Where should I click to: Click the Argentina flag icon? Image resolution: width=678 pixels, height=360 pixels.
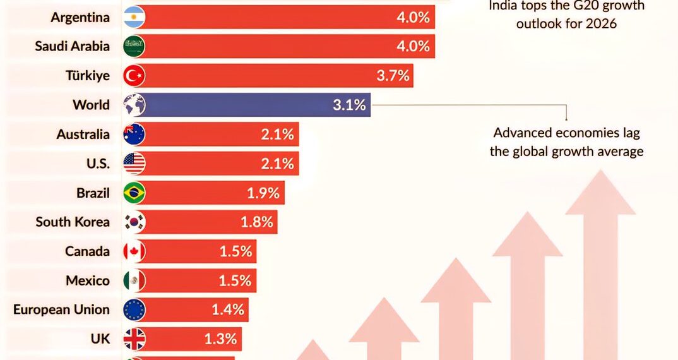pos(134,17)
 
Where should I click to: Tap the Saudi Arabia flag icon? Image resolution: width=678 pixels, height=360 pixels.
pos(134,46)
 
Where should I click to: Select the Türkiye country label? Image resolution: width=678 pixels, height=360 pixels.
pos(88,76)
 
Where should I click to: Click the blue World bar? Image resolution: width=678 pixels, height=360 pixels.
pos(253,105)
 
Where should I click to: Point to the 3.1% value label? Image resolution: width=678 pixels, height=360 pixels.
pos(349,105)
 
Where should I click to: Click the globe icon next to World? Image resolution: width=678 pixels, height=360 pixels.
pos(134,105)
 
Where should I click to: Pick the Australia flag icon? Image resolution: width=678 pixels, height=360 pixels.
pos(134,134)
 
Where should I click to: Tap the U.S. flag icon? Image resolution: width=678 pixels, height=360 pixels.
pos(134,164)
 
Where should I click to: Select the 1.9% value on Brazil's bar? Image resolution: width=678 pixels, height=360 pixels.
pos(263,193)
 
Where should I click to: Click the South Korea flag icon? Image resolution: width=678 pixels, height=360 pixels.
pos(134,222)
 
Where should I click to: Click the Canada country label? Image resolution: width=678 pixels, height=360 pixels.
pos(87,251)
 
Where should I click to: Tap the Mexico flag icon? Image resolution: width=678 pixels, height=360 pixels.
pos(134,280)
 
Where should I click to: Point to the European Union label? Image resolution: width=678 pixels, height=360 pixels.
pos(61,310)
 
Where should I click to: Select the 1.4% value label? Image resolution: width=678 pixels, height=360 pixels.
pos(227,310)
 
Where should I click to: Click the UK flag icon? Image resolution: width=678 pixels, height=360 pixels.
pos(134,339)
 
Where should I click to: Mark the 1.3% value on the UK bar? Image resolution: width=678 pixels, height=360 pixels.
pos(220,339)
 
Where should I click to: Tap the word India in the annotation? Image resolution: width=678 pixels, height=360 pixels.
pos(504,6)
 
